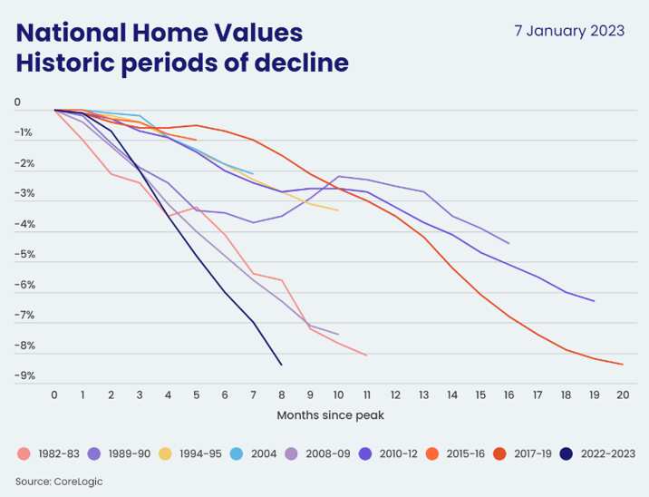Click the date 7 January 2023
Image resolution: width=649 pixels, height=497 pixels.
coord(569,30)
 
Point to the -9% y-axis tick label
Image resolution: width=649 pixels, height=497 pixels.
coord(24,375)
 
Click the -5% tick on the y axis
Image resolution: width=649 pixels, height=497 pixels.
coord(24,254)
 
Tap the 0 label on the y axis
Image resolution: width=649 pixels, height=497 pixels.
coord(17,102)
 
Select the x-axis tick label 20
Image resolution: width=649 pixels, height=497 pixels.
coord(622,395)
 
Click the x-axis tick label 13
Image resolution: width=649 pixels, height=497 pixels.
coord(423,395)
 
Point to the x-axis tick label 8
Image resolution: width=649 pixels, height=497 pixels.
coord(282,395)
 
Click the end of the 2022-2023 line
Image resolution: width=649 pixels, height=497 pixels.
coord(282,365)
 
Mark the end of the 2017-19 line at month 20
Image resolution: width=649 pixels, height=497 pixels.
coord(622,364)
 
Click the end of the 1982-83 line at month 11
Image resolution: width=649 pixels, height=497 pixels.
coord(366,355)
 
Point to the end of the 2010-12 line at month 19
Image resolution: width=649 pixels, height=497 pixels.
coord(594,300)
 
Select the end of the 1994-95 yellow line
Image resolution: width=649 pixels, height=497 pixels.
coord(338,210)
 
